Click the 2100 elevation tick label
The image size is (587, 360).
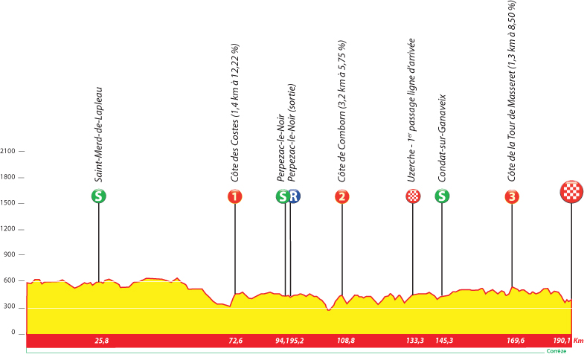click(x=8, y=151)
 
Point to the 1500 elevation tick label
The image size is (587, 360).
click(x=8, y=203)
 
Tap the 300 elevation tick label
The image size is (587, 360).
click(x=10, y=307)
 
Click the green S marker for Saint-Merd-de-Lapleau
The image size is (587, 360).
click(x=97, y=196)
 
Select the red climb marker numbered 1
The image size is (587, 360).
click(x=235, y=196)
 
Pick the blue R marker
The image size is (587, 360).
click(x=295, y=196)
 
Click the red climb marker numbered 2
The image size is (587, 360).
click(x=342, y=196)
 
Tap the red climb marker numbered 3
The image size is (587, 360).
click(x=512, y=196)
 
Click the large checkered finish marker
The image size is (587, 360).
click(x=571, y=193)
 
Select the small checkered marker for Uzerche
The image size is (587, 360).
click(x=413, y=196)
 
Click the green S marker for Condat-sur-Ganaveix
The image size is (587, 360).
click(x=442, y=196)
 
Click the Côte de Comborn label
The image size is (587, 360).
click(x=342, y=112)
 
